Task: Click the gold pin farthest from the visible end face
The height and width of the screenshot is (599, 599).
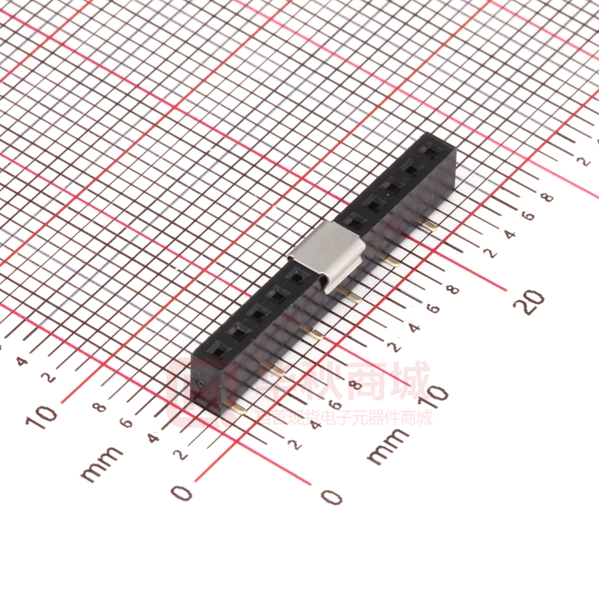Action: click(429, 223)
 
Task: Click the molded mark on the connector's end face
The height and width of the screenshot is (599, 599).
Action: click(200, 381)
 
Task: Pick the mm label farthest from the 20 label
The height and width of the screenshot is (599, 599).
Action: click(101, 463)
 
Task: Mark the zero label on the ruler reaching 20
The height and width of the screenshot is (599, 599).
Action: click(331, 496)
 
